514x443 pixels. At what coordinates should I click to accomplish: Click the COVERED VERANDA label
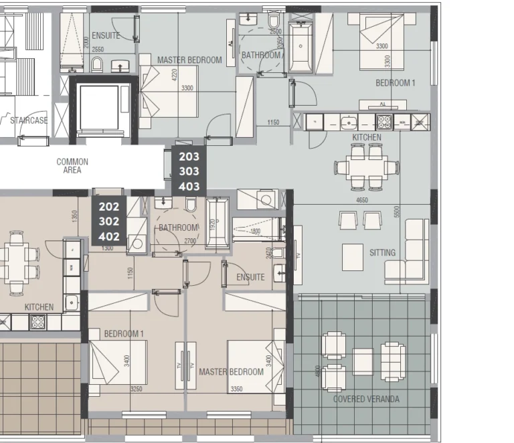click(366, 400)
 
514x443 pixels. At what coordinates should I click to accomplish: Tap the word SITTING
click(382, 253)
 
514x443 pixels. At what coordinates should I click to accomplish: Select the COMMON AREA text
click(72, 166)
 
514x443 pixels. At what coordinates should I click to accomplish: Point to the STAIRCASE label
click(29, 120)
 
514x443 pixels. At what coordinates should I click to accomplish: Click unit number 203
click(188, 157)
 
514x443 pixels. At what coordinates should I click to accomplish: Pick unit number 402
click(108, 236)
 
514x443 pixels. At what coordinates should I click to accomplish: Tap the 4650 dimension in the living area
click(362, 199)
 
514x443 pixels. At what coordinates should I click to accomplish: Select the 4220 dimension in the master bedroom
click(174, 75)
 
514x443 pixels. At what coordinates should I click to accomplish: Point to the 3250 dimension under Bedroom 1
click(136, 389)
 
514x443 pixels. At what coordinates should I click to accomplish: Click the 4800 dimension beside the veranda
click(317, 370)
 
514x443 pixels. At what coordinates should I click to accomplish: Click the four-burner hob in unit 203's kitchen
click(384, 122)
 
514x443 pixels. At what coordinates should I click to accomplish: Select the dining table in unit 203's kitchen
click(366, 167)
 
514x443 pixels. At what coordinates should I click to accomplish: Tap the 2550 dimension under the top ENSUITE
click(98, 50)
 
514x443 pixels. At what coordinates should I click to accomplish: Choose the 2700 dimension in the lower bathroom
click(190, 241)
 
